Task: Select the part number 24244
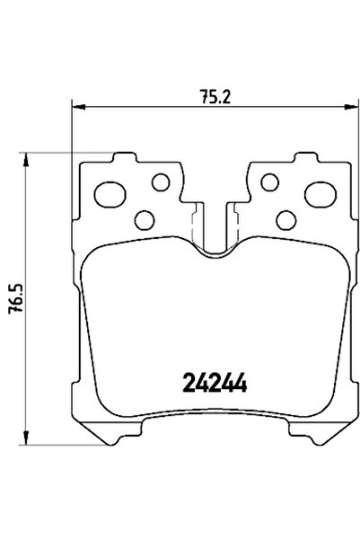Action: point(216,384)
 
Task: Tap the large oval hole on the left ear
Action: point(111,193)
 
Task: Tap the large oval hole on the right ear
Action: point(320,193)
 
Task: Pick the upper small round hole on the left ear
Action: point(161,182)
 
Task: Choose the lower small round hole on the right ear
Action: point(286,219)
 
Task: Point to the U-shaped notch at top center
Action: point(215,234)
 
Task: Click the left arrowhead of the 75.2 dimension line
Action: point(77,107)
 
